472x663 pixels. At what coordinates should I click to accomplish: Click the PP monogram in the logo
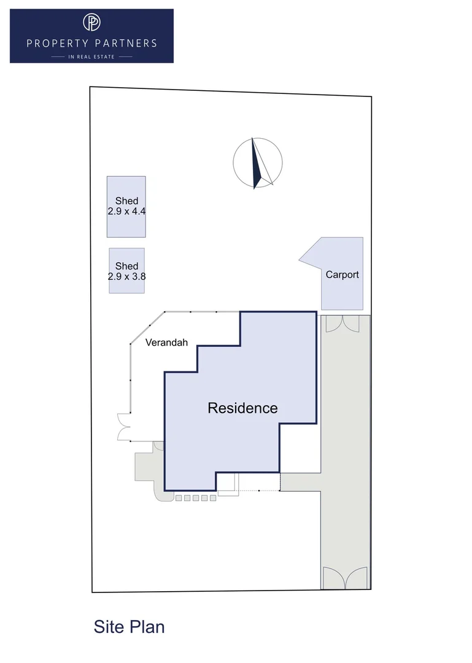point(91,22)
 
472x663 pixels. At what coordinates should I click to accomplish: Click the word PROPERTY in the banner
point(58,43)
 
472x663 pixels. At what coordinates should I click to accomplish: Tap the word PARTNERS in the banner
point(126,43)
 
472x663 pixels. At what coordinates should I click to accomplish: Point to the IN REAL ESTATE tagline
point(91,56)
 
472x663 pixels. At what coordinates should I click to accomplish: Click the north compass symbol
point(258,163)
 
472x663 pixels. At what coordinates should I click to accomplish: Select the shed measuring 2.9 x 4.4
point(126,207)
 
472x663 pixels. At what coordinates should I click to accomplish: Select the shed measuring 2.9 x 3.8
point(127,271)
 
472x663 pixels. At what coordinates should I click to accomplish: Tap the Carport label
point(342,274)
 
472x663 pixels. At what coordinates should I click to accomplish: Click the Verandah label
point(166,343)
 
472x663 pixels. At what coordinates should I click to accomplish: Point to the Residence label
point(243,408)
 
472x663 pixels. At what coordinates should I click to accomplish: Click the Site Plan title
point(129,627)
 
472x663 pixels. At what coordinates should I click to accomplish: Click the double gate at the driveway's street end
point(345,578)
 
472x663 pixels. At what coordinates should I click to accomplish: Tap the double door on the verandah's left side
point(124,427)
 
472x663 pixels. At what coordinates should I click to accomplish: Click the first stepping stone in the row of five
point(179,498)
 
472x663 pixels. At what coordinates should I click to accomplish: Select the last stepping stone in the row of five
point(213,498)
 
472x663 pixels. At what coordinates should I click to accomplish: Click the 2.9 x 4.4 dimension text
point(126,211)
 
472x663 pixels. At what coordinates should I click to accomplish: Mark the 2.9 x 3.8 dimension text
point(126,276)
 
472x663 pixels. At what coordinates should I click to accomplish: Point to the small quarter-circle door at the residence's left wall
point(158,446)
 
